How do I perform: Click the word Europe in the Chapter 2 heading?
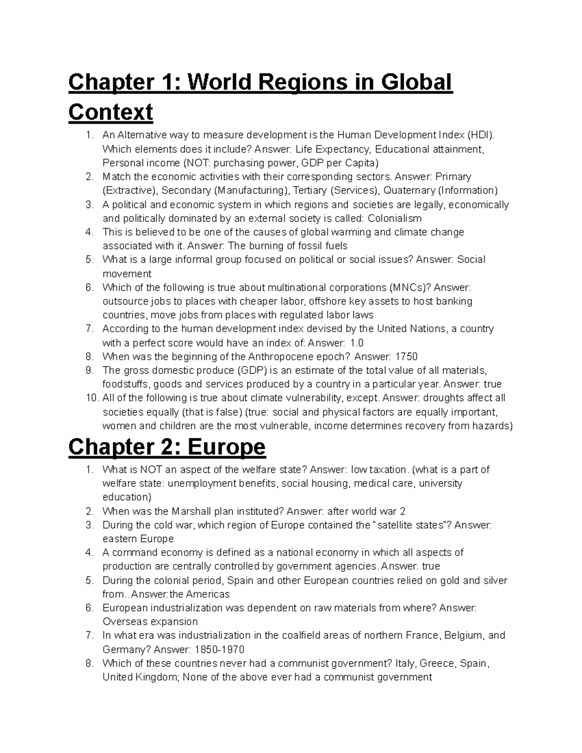pos(226,447)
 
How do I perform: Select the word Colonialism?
pos(395,218)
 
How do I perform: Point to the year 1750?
pos(406,356)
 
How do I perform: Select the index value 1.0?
pos(357,343)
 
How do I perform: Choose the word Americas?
pos(207,594)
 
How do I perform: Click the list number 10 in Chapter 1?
pos(91,398)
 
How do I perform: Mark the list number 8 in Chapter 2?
pos(89,663)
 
